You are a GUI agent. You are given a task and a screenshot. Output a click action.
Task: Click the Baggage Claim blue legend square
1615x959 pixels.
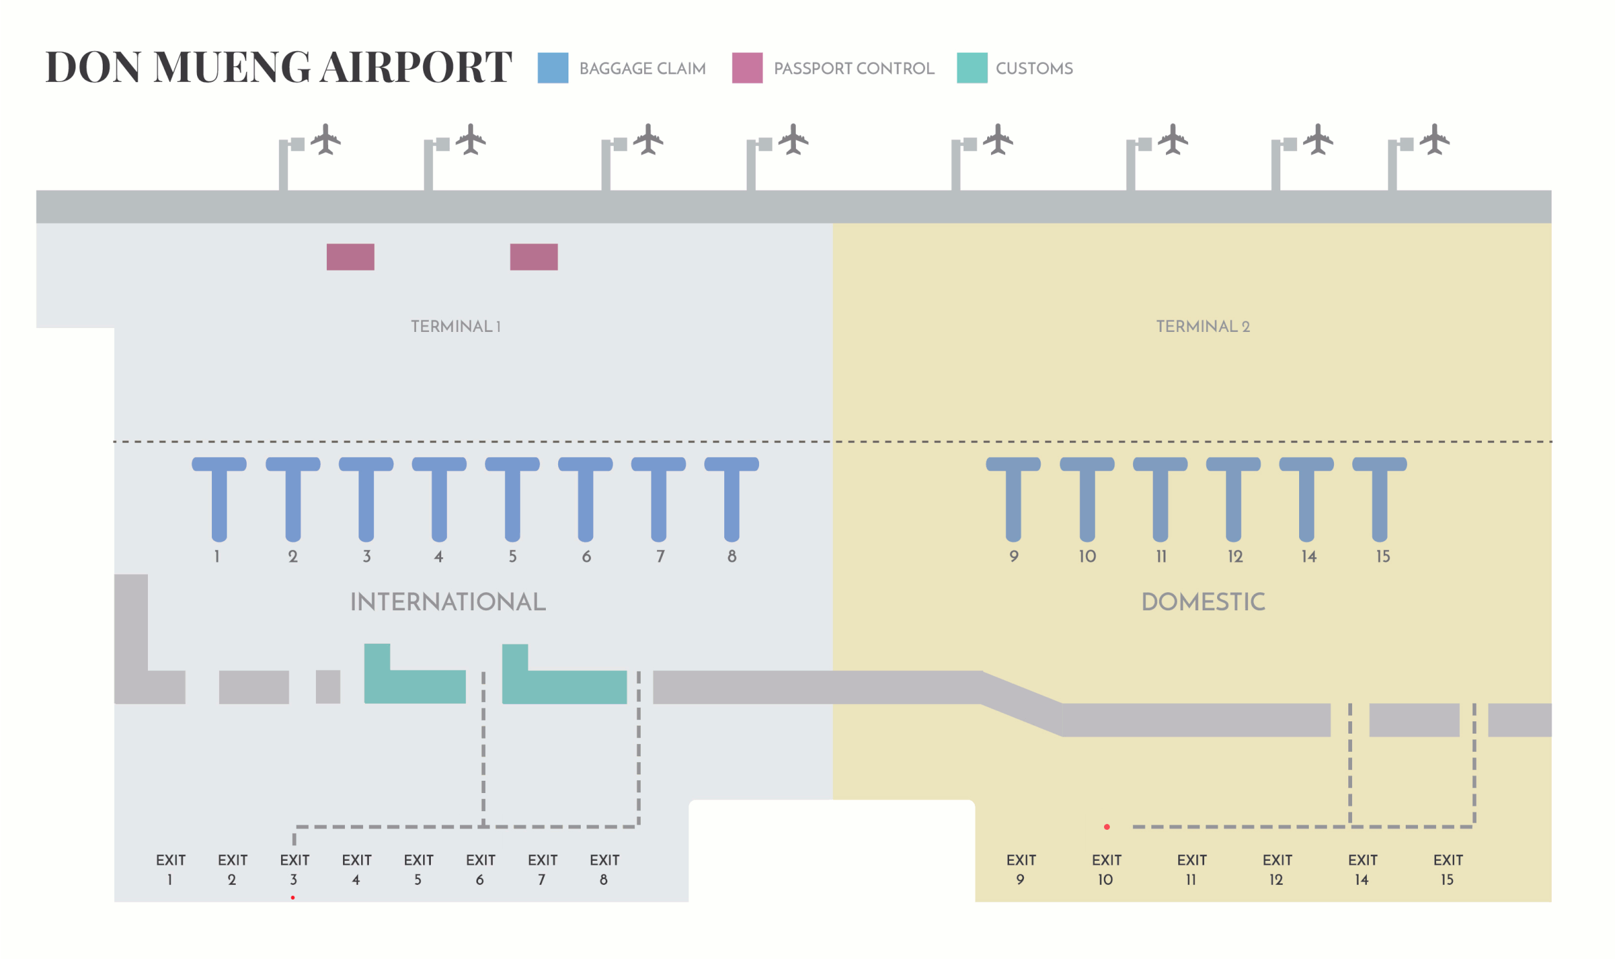point(552,68)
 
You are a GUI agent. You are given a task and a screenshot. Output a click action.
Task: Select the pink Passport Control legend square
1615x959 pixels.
point(747,68)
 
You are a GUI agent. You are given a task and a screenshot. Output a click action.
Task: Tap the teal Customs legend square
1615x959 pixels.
point(972,68)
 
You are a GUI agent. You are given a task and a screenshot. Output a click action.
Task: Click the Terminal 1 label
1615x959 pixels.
point(455,326)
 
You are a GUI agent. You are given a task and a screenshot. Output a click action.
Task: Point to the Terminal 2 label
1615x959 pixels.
point(1203,326)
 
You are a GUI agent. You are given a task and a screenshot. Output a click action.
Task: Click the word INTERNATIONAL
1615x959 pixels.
point(448,602)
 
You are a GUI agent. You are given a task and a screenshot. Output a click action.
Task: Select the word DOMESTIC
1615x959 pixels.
point(1203,602)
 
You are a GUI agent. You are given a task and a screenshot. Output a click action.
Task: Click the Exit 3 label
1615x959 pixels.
point(295,869)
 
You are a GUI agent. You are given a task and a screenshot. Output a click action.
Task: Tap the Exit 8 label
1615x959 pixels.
point(604,869)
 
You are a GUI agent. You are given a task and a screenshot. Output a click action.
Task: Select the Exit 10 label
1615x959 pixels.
point(1107,869)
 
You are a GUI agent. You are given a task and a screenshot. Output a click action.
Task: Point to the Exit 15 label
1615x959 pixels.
point(1448,869)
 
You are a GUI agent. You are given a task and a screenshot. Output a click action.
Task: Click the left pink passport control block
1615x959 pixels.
point(350,256)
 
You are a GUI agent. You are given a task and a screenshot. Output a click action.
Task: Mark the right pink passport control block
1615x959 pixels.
point(534,256)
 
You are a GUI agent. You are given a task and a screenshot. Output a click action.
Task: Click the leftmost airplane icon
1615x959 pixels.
point(326,139)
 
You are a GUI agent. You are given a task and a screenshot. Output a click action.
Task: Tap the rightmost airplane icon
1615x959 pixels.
point(1435,139)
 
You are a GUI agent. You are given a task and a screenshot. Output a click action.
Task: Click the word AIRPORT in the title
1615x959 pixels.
point(416,67)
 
